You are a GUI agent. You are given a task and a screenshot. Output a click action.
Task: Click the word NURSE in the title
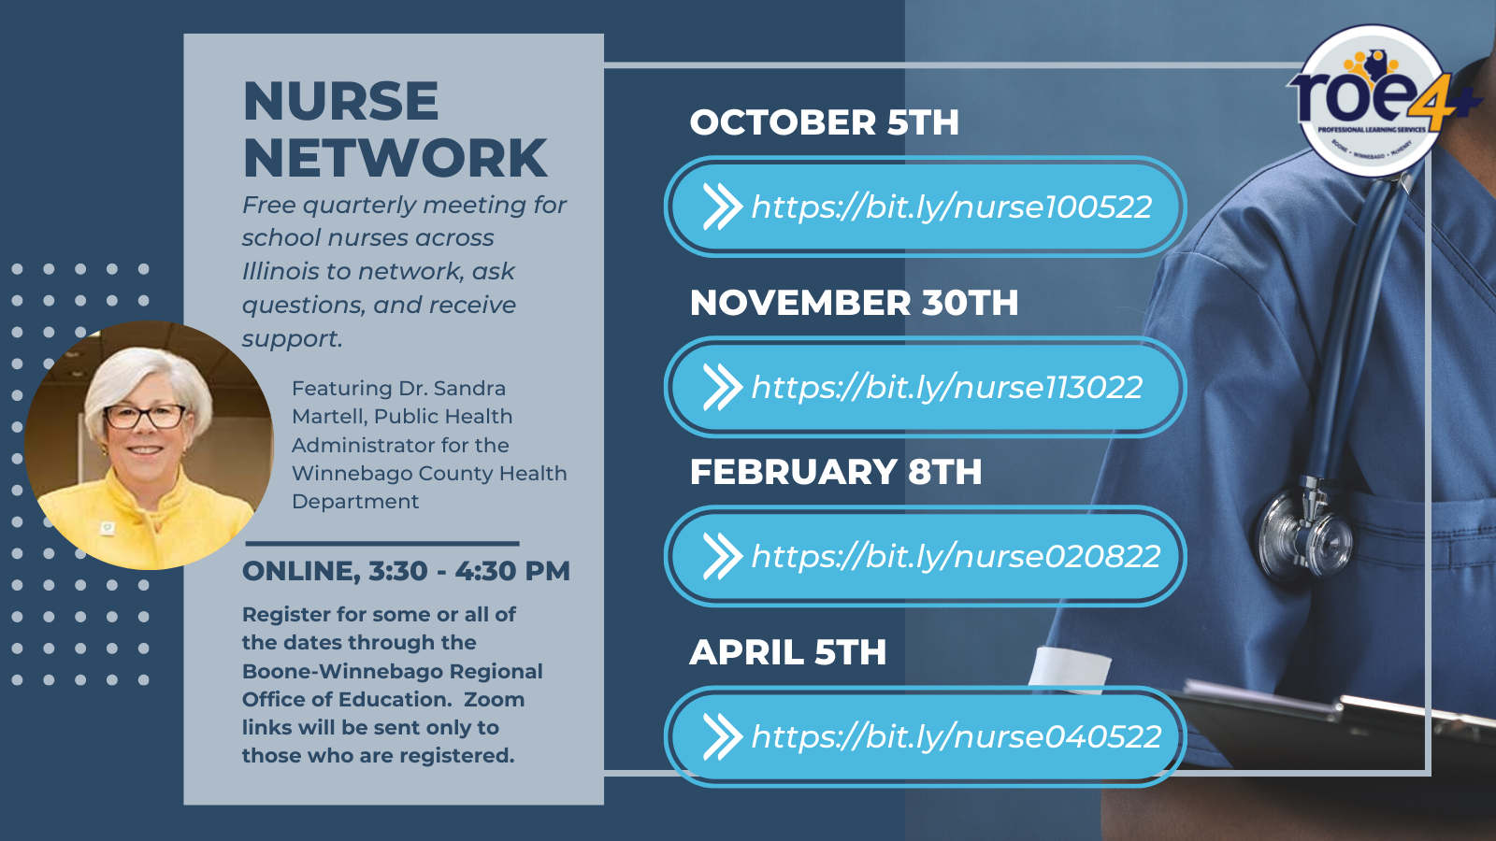click(340, 102)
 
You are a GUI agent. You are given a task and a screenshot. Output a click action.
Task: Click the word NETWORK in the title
click(396, 158)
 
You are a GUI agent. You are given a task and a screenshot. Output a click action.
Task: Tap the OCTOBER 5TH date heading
click(824, 122)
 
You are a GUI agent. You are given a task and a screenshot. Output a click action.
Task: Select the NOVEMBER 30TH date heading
click(855, 303)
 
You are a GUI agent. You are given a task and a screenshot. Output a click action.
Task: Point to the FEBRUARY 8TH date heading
click(836, 472)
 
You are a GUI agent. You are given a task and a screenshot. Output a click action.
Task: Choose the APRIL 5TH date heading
click(788, 652)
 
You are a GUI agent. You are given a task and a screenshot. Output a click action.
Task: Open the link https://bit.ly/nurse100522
click(952, 207)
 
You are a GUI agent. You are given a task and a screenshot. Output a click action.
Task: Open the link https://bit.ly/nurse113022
click(947, 387)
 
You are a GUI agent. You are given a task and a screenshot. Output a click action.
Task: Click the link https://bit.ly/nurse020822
click(956, 556)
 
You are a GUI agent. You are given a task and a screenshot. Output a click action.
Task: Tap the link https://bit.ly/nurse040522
click(957, 736)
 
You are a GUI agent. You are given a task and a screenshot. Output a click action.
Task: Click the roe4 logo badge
click(1374, 100)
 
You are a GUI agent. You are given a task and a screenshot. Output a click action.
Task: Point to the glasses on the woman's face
click(145, 417)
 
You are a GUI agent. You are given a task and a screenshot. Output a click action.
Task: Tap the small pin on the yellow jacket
click(107, 527)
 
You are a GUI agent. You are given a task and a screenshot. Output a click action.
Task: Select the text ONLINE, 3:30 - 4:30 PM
click(406, 571)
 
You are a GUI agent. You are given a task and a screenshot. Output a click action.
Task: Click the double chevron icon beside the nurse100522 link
click(723, 207)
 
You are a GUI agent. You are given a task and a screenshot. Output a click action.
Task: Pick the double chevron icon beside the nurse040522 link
click(723, 736)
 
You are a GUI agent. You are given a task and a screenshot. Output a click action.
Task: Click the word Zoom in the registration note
click(495, 700)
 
